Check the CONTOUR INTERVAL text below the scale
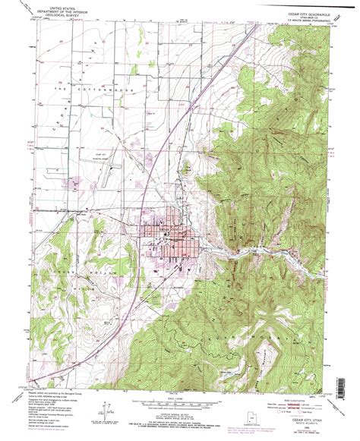click(180, 411)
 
